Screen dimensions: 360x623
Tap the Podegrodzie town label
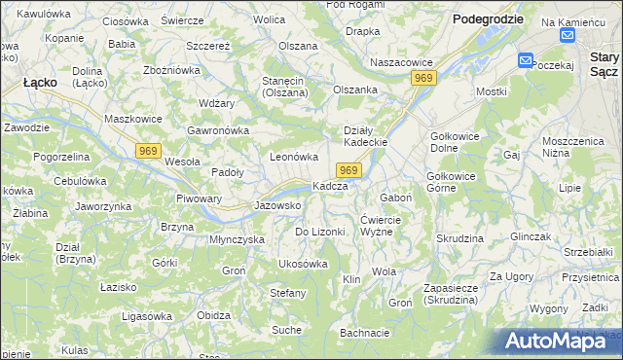(x=488, y=18)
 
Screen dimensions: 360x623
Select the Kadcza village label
(x=330, y=186)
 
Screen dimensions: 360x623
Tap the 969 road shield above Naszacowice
(x=422, y=77)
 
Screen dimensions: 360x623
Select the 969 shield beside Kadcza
(x=351, y=170)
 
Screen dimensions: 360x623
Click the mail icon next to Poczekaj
(x=526, y=60)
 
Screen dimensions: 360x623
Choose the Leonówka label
(x=294, y=157)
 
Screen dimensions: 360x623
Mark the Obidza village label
(x=213, y=315)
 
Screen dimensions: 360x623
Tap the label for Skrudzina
(x=459, y=238)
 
